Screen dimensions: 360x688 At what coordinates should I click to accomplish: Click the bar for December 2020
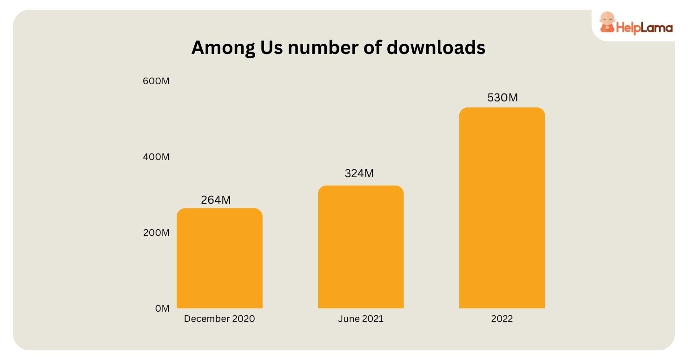[219, 258]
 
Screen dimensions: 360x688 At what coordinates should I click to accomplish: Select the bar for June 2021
[361, 247]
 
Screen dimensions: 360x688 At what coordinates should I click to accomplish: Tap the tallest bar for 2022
[502, 208]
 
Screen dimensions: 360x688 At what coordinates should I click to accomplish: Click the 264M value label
[216, 200]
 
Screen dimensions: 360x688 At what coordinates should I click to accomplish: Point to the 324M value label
[359, 173]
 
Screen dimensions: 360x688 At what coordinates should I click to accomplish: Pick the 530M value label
[502, 98]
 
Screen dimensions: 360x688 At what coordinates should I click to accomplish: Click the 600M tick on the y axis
[156, 81]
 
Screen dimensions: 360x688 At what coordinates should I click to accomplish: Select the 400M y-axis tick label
[156, 157]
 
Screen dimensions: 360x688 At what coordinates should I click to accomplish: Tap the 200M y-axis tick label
[156, 233]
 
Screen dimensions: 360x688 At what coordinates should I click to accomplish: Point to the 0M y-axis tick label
[162, 308]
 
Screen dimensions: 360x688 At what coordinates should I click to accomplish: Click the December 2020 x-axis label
[219, 319]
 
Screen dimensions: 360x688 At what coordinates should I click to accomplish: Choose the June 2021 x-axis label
[361, 319]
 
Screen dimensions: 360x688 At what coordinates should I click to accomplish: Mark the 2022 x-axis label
[502, 319]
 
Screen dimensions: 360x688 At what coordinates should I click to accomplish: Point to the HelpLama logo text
[644, 28]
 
